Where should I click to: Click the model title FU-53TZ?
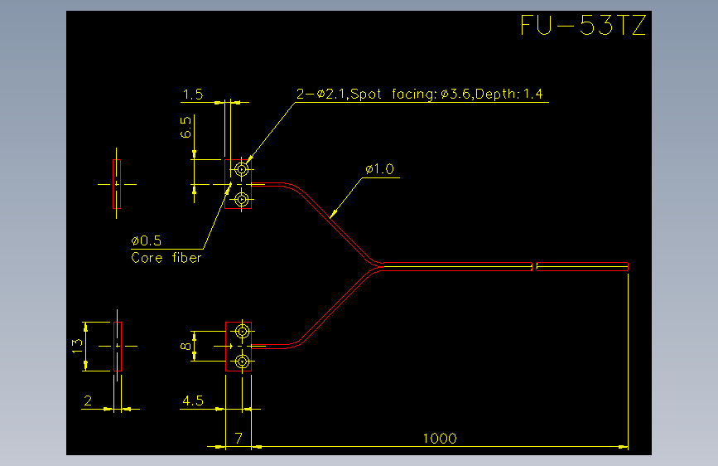click(583, 25)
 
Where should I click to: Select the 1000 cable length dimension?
click(440, 439)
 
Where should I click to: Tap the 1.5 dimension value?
click(193, 95)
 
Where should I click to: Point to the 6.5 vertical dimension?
click(186, 127)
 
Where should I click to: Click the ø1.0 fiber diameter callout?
click(379, 169)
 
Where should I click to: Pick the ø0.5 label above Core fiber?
click(146, 240)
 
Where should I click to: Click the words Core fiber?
click(166, 258)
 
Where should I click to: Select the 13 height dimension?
click(77, 346)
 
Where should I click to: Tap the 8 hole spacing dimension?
click(186, 346)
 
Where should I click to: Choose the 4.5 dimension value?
click(193, 400)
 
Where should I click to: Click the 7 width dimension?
click(239, 439)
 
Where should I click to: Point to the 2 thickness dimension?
click(88, 400)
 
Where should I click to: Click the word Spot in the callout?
click(366, 94)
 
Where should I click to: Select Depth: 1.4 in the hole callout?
click(508, 94)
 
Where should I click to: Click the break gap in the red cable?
click(534, 266)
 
